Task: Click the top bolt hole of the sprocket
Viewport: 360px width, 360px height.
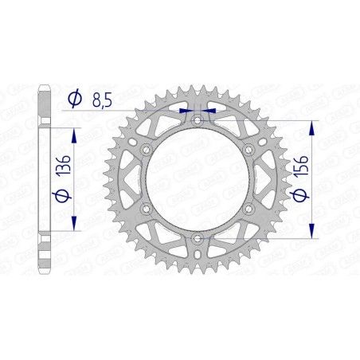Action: click(x=197, y=119)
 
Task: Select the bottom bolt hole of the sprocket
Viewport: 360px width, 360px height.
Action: click(x=197, y=237)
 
